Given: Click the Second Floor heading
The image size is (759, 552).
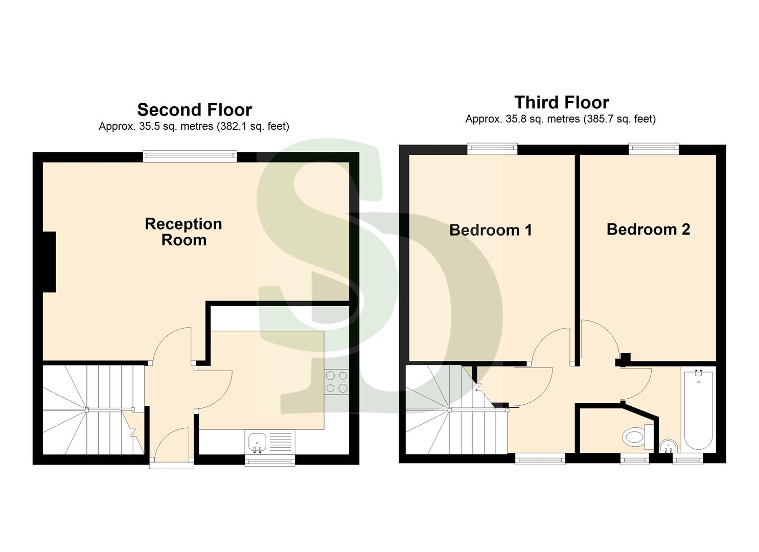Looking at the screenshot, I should (194, 110).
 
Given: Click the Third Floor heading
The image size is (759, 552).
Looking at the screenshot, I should (561, 102).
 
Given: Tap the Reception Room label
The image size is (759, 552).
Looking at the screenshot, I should (183, 232).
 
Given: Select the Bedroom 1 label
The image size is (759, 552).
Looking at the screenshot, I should (491, 230).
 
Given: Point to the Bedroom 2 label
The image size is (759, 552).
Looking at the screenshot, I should (648, 229).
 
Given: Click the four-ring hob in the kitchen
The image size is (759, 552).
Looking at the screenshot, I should (336, 382).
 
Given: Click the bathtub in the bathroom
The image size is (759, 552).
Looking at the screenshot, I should (698, 410).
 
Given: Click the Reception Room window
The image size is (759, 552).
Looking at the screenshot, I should (190, 156).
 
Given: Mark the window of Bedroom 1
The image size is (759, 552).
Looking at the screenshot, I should (492, 149).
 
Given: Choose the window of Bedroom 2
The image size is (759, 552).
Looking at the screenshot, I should (654, 149).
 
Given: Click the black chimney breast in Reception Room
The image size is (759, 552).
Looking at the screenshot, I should (49, 262).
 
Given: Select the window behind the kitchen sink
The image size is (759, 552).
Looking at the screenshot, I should (270, 461).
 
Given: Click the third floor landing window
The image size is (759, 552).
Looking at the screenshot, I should (540, 459).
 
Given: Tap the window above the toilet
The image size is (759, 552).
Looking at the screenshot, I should (634, 459).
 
